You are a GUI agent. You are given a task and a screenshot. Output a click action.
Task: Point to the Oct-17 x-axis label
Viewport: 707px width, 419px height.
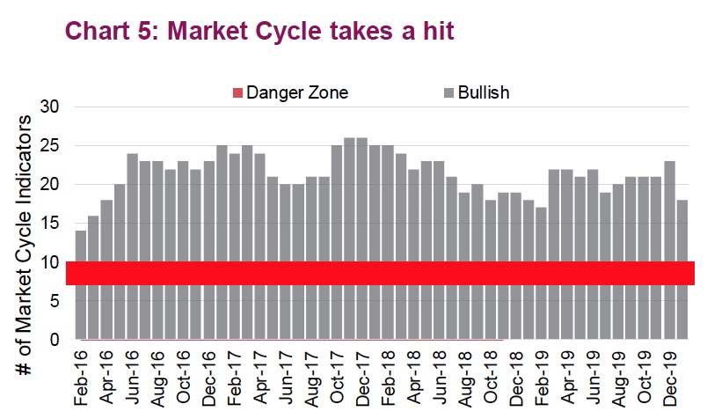(336, 379)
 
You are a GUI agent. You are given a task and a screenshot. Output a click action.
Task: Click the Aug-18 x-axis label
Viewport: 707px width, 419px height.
(464, 379)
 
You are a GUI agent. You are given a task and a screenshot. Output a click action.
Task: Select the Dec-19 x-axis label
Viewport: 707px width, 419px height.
(668, 379)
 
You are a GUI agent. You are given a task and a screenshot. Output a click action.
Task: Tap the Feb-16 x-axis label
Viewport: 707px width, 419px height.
(81, 379)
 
